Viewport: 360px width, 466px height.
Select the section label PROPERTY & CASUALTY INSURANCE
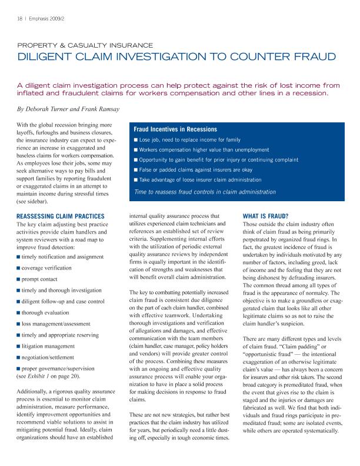tap(85, 45)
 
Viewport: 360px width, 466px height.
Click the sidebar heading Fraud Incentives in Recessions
tap(175, 129)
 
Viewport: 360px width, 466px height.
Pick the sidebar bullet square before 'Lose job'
tap(136, 140)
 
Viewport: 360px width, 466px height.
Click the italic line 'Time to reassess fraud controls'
tap(205, 192)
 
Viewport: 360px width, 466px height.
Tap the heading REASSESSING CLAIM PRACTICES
tap(61, 217)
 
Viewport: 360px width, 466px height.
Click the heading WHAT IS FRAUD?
tap(265, 217)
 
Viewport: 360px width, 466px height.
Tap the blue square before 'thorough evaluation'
tap(19, 312)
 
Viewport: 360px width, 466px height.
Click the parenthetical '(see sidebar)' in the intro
tap(34, 201)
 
